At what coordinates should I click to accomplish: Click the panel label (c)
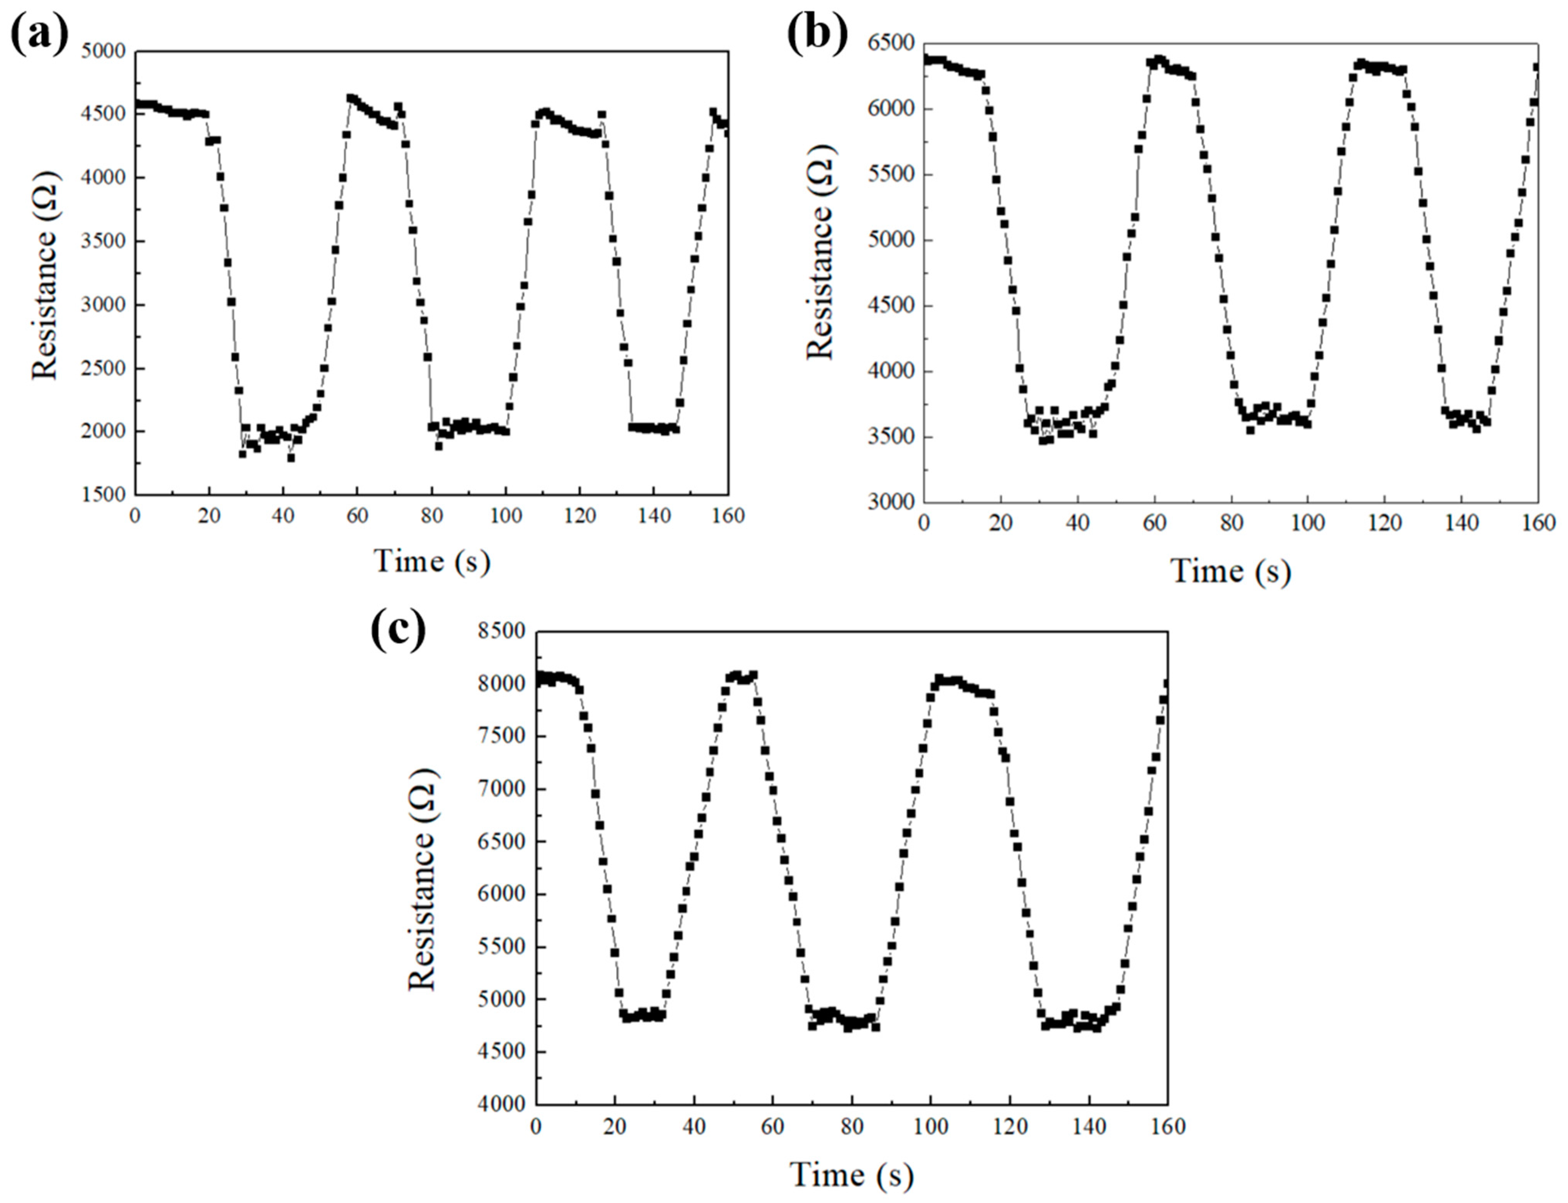(398, 630)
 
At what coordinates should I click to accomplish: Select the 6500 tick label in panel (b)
(890, 43)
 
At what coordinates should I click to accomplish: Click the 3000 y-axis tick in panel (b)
(890, 503)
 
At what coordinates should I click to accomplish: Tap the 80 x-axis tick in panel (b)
(1231, 524)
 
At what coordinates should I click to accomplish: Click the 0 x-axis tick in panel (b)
(924, 524)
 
